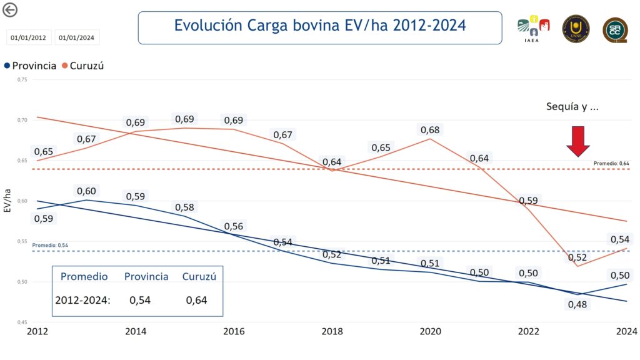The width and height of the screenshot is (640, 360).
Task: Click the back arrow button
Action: coord(10,9)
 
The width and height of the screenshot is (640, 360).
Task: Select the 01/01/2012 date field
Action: coord(29,38)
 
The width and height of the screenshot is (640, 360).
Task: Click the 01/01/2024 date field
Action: coord(77,38)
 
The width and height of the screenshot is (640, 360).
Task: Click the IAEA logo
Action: coord(533,28)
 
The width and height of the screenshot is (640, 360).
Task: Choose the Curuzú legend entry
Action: coord(82,66)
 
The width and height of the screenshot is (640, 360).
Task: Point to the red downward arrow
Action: coord(578,141)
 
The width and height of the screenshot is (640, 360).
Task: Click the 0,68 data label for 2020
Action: coord(429,130)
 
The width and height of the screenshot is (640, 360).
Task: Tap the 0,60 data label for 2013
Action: coord(86,191)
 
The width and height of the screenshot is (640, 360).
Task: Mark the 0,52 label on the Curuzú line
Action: coord(577,257)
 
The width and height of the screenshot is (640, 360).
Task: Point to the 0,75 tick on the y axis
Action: coord(22,80)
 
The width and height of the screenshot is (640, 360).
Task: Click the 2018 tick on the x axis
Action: coord(331,332)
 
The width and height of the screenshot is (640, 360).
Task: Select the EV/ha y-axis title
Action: coord(8,201)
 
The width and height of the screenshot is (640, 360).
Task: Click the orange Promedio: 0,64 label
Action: coord(611,164)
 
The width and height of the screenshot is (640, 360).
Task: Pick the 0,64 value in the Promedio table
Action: coord(197,300)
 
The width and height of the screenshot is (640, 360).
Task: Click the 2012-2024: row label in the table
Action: coord(82,300)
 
